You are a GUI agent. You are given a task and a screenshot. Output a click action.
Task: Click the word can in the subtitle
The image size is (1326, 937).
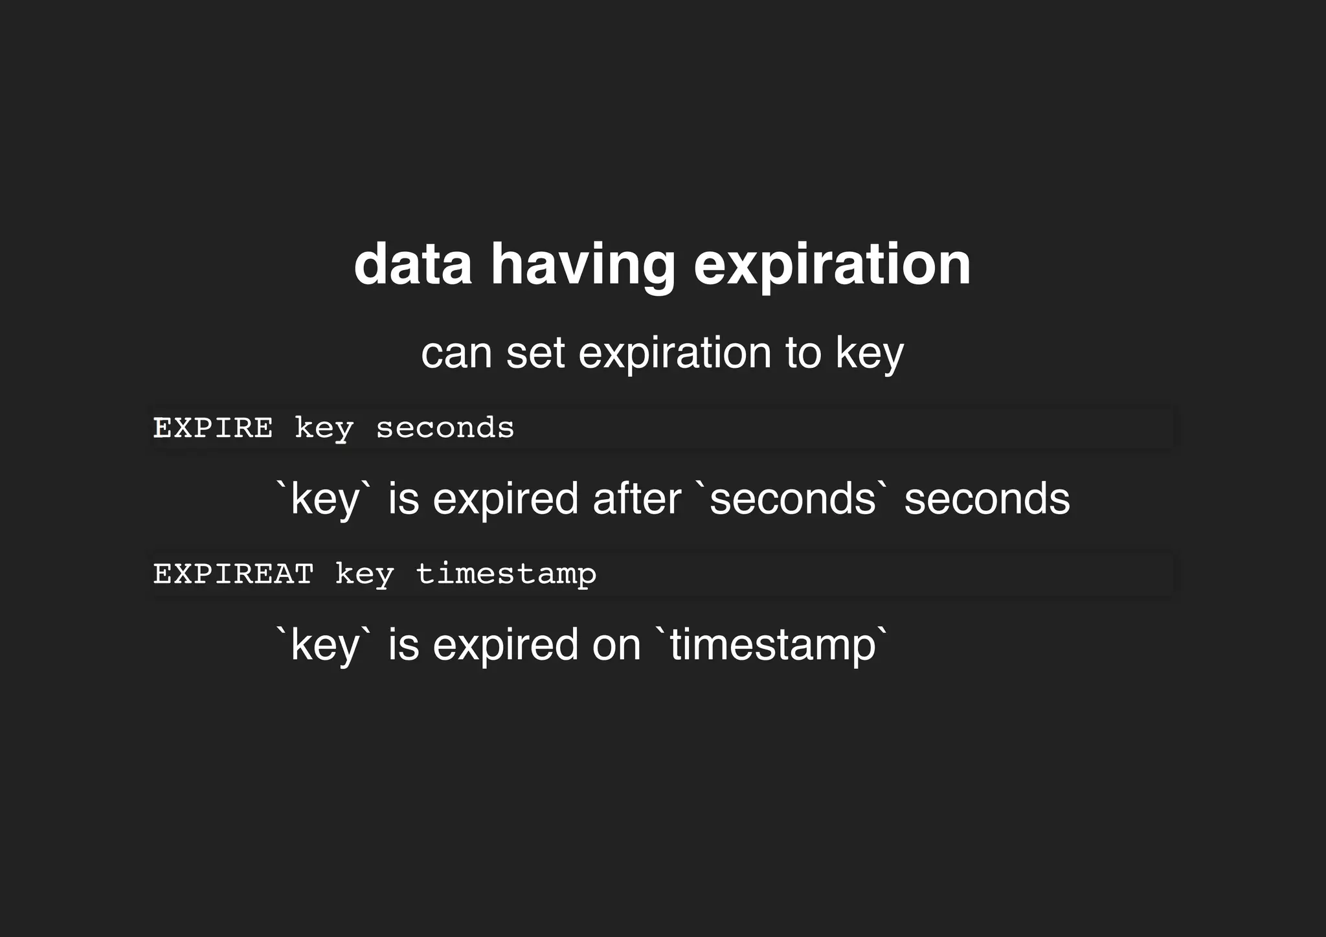tap(456, 353)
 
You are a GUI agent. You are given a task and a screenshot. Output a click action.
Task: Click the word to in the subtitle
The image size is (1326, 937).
tap(803, 353)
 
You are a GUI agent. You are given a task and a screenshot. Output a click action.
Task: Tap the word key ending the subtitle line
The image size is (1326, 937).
tap(869, 353)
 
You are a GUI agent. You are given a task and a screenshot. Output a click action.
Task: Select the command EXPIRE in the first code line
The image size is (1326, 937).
tap(213, 428)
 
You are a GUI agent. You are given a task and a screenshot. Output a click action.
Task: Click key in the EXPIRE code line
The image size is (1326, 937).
tap(324, 428)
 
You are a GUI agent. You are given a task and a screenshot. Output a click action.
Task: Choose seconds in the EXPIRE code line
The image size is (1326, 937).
tap(445, 428)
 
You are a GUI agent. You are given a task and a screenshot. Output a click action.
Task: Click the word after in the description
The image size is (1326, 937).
tap(636, 499)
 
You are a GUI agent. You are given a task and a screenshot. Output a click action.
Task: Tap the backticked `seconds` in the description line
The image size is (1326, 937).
tap(792, 499)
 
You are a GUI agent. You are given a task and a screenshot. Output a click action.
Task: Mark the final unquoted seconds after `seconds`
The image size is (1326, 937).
tap(987, 499)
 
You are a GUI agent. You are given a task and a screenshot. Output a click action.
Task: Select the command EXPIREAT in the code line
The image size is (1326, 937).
tap(233, 574)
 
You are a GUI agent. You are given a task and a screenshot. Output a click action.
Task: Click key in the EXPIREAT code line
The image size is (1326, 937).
tap(365, 574)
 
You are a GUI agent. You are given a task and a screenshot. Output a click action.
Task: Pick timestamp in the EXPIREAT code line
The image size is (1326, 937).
tap(506, 574)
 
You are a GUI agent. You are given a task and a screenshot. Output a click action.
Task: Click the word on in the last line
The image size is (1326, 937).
tap(616, 645)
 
